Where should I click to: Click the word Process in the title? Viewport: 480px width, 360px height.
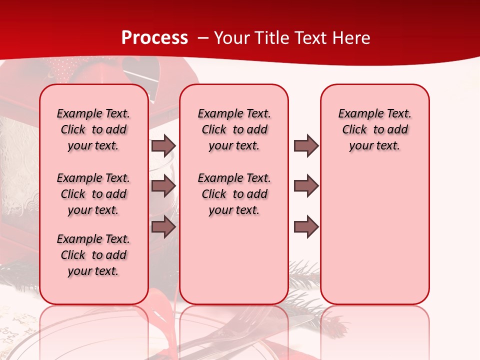click(154, 38)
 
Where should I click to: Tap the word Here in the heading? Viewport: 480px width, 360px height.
click(352, 38)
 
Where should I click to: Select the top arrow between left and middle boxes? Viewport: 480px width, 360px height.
click(163, 146)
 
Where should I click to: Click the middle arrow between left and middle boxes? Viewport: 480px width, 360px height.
click(163, 186)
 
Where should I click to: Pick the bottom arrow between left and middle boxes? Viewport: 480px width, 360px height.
click(163, 226)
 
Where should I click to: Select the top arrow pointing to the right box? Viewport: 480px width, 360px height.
click(306, 146)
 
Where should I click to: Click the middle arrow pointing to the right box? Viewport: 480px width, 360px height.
click(306, 186)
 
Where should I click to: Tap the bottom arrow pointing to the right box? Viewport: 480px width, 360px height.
click(306, 226)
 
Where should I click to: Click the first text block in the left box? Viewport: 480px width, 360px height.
click(93, 129)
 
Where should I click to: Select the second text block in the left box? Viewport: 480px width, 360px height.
click(93, 194)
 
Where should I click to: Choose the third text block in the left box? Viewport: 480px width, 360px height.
click(93, 255)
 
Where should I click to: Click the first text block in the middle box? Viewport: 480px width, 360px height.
click(234, 129)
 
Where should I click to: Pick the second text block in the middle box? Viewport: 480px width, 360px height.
click(234, 194)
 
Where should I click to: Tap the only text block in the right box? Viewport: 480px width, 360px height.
click(374, 129)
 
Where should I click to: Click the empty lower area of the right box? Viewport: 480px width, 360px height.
click(374, 240)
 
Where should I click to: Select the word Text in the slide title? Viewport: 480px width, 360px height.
click(311, 38)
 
